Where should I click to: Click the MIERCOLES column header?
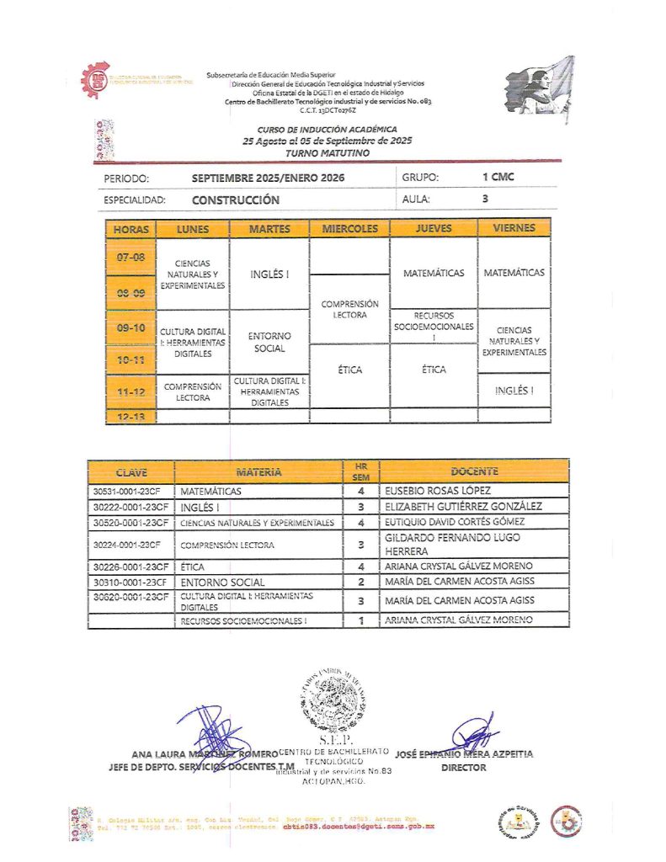coord(349,228)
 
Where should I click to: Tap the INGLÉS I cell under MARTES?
coord(269,274)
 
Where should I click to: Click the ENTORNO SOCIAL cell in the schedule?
coord(269,342)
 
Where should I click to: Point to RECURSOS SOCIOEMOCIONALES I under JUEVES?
coord(434,326)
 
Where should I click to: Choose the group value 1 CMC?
coord(498,178)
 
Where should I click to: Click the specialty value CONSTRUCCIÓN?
coord(235,200)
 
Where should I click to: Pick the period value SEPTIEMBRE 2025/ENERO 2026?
coord(268,178)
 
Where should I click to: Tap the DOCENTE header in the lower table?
coord(474,471)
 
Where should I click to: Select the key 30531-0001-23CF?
coord(131,491)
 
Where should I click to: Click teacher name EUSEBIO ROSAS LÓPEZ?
coord(439,491)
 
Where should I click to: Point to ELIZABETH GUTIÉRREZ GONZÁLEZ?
coord(462,507)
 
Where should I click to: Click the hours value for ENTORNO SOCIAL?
coord(360,582)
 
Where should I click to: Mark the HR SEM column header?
coord(360,471)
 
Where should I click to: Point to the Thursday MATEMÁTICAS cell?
coord(434,274)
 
